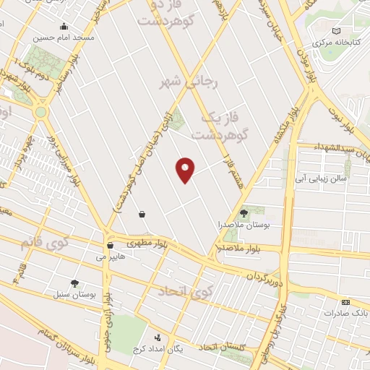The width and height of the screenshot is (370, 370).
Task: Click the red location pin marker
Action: tap(185, 169)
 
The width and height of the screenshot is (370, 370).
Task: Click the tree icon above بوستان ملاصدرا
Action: tap(244, 213)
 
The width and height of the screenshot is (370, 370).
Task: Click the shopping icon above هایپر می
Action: tap(110, 245)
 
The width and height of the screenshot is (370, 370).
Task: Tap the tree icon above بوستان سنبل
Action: tap(74, 283)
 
